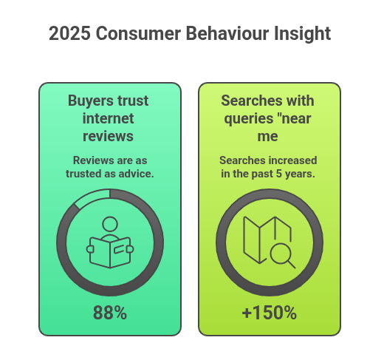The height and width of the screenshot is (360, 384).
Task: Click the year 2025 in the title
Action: pos(70,34)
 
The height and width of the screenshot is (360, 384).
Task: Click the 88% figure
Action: pos(110,313)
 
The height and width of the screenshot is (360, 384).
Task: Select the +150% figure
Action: pos(269,313)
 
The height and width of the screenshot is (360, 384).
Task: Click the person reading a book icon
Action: pos(110,244)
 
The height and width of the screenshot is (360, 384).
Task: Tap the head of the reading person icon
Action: pos(110,223)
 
